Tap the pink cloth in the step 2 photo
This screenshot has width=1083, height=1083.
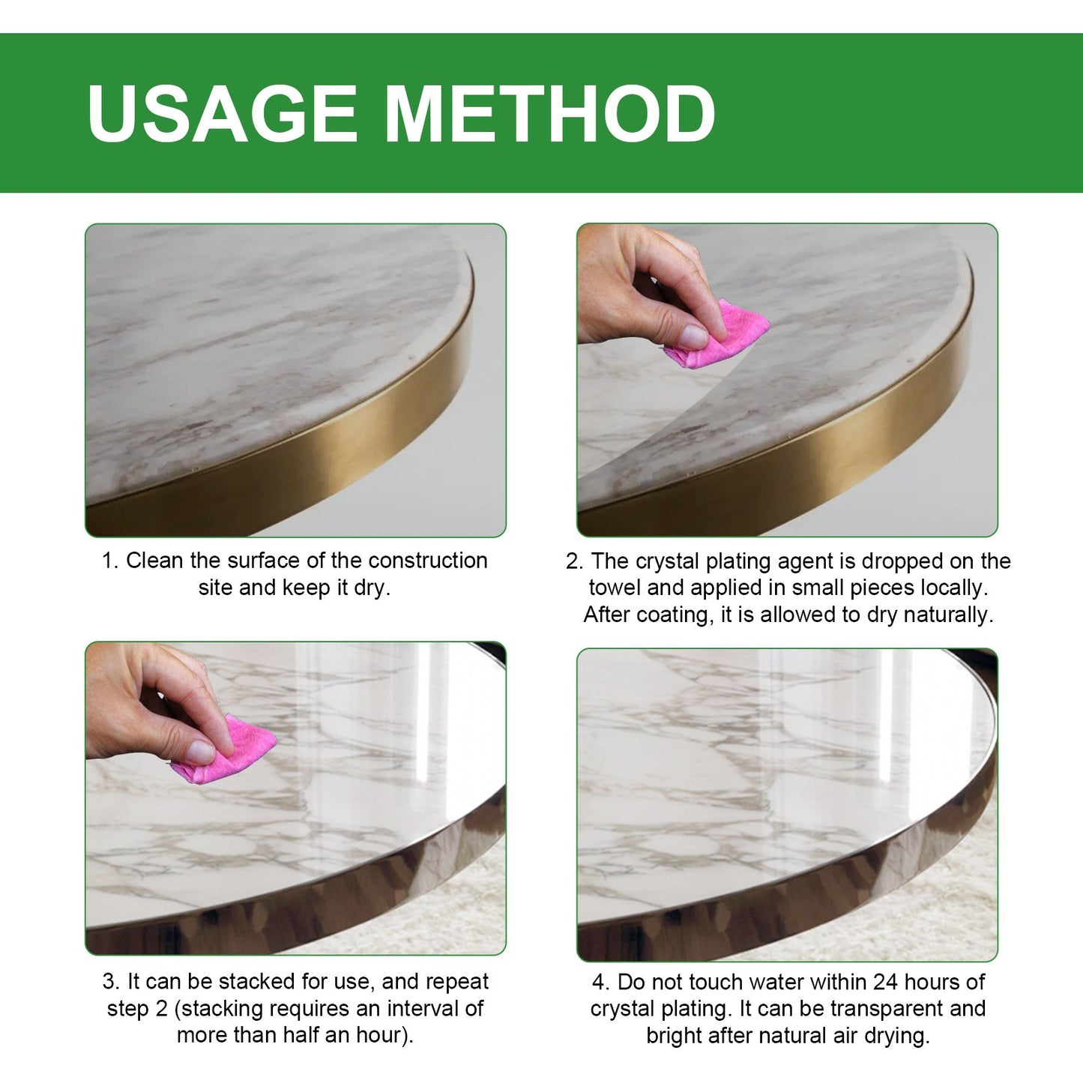coord(723,336)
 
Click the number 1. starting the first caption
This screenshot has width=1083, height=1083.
coord(110,561)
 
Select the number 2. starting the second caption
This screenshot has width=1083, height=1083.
coord(574,561)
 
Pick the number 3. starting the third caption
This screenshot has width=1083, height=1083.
coord(111,982)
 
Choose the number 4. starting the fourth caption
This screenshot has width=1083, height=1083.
coord(600,982)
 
